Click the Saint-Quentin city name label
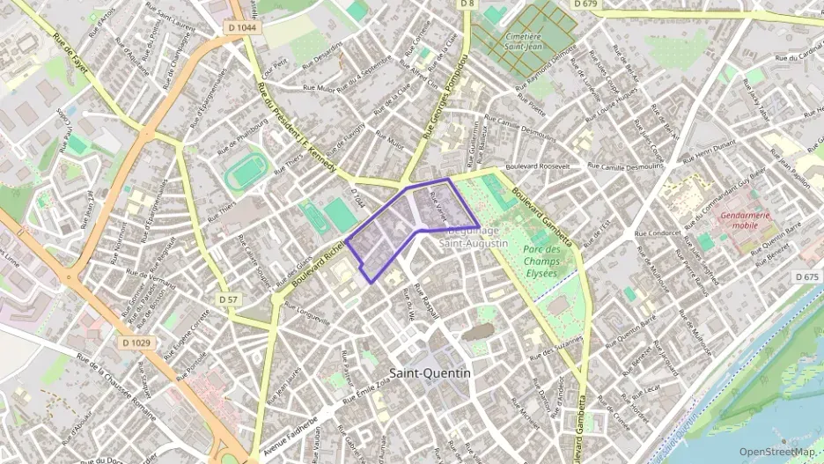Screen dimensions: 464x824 [x=430, y=372]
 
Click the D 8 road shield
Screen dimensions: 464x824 [x=467, y=4]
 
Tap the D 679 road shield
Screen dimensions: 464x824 [x=585, y=4]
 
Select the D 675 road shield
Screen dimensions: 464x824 [x=807, y=276]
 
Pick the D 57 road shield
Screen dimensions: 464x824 [x=227, y=300]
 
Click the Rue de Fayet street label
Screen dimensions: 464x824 [x=70, y=61]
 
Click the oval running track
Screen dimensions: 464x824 [x=246, y=173]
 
